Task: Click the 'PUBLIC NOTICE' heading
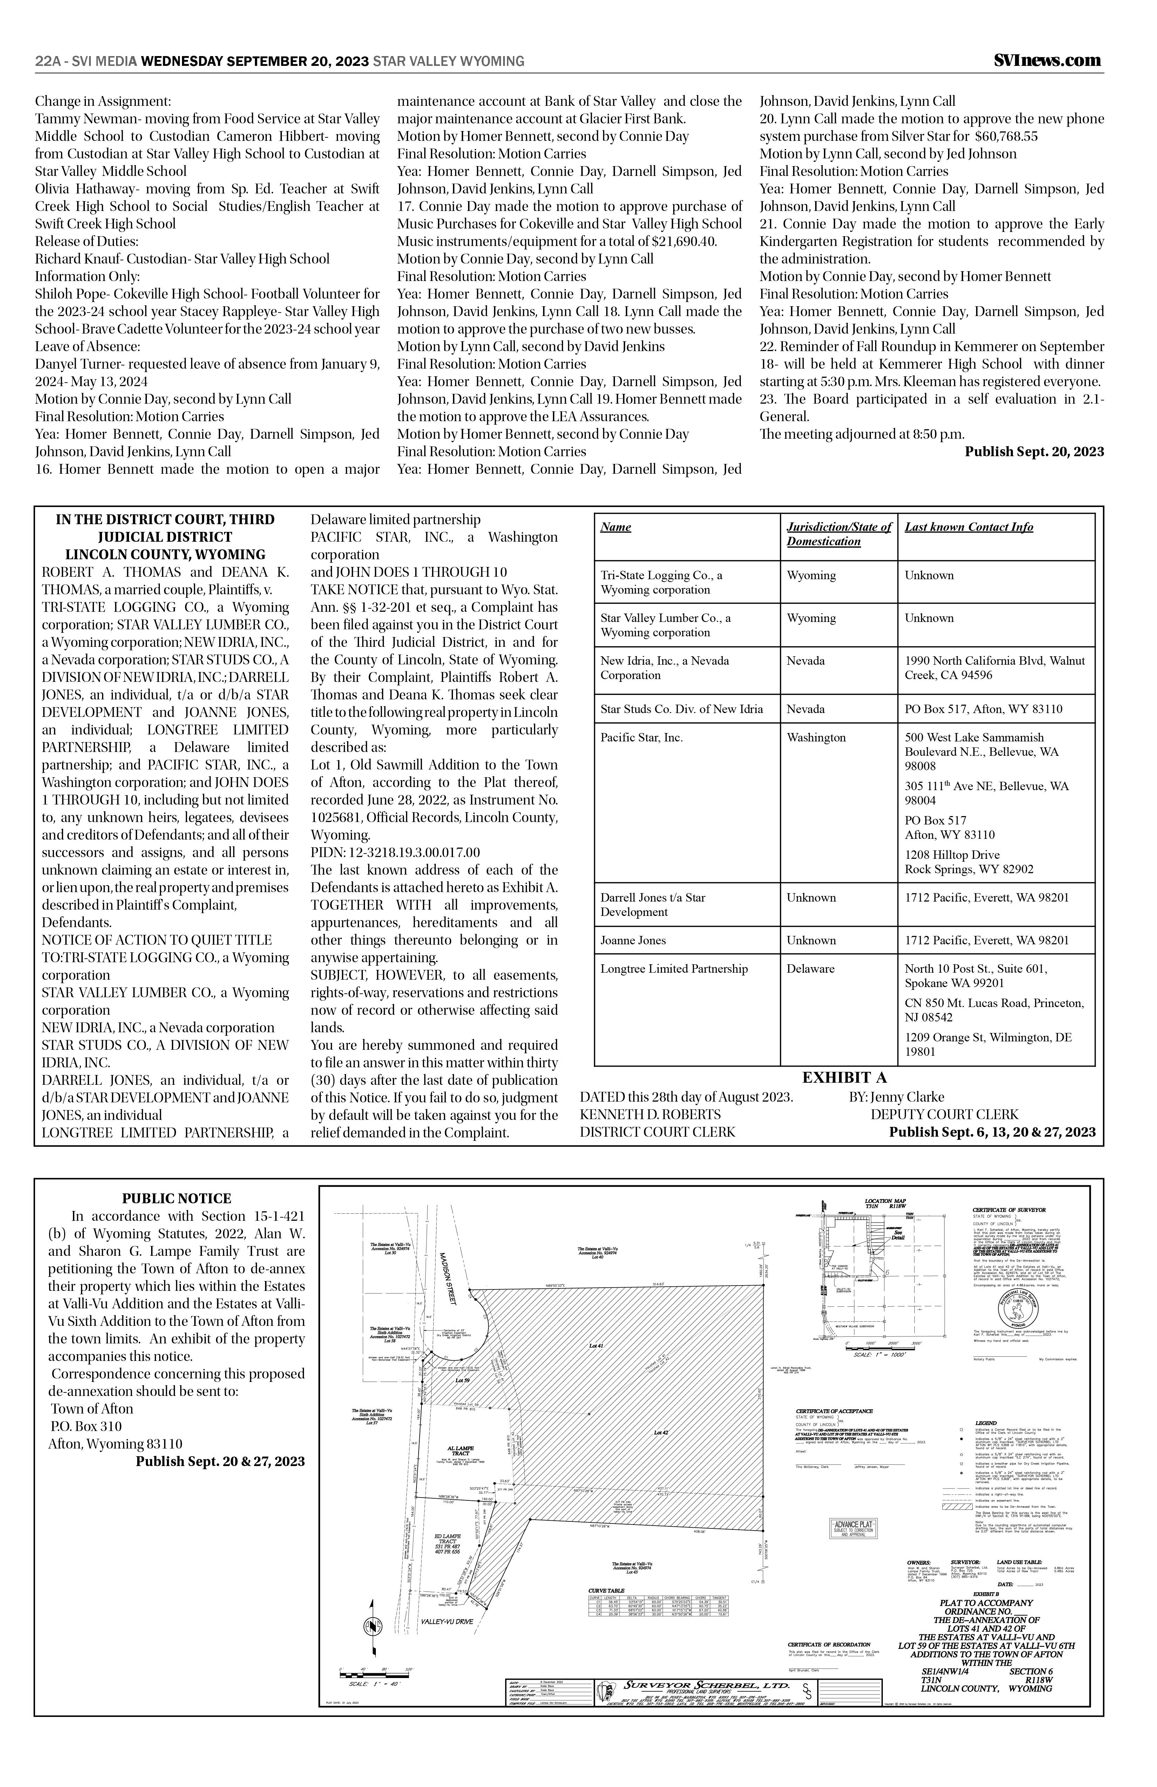tap(177, 1198)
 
